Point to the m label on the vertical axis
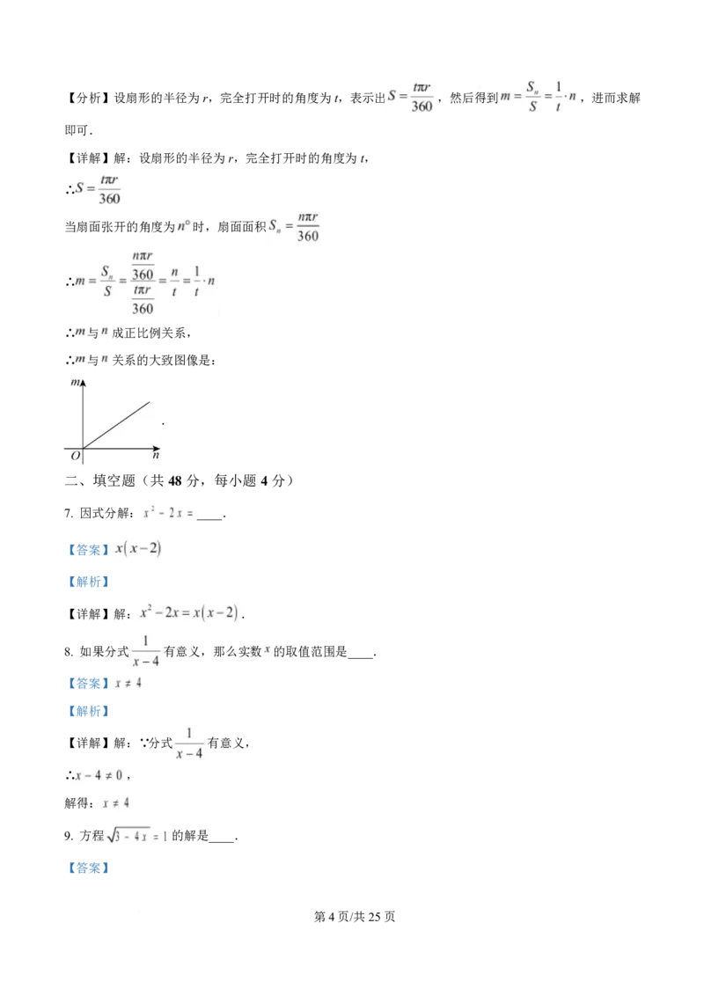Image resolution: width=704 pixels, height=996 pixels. coord(75,383)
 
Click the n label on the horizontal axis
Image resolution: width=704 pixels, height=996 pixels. coord(156,456)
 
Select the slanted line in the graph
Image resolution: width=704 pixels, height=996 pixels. coord(116,425)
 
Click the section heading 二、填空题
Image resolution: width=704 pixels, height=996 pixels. coord(100,481)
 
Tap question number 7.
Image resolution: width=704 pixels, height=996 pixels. coord(69,513)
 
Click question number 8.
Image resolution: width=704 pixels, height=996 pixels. coord(69,652)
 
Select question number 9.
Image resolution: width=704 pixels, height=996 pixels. coord(69,836)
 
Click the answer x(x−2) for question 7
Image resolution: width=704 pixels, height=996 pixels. coord(138,549)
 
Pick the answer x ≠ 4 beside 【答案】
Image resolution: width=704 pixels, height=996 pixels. coord(128,684)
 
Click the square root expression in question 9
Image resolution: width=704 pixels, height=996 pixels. coord(128,836)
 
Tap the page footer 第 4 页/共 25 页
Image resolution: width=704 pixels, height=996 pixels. coord(355,917)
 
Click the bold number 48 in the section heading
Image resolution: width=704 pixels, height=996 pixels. coord(175,481)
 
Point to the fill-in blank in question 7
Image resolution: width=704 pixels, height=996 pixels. coord(209,517)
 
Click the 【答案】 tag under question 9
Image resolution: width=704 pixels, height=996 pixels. coord(88,868)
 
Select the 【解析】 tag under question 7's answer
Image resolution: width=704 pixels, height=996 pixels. coord(88,582)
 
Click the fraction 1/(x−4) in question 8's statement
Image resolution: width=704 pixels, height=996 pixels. coord(145,652)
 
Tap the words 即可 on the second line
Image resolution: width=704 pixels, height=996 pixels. coord(77,130)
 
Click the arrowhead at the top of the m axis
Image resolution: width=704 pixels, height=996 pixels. coord(83,383)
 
